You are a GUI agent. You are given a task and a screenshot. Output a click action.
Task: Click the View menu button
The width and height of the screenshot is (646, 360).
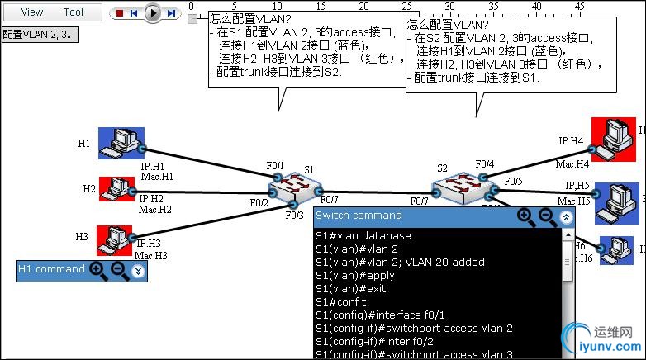tap(32, 12)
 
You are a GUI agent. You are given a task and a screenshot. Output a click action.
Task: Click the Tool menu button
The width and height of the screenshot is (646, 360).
tap(74, 12)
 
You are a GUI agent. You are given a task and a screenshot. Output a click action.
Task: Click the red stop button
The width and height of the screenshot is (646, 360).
tap(120, 13)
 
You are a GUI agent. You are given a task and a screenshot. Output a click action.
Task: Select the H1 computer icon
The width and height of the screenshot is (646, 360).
tap(121, 143)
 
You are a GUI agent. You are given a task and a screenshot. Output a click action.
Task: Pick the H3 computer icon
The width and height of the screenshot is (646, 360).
tap(114, 239)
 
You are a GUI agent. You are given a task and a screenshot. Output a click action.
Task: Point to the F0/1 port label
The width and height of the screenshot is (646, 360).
tap(273, 166)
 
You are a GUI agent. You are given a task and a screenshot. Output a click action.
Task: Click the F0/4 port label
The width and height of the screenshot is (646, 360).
tap(485, 164)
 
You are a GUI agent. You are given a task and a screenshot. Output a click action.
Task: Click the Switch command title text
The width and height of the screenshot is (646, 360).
tap(359, 216)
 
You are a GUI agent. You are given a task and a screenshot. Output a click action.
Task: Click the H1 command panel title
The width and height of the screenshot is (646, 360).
tap(51, 269)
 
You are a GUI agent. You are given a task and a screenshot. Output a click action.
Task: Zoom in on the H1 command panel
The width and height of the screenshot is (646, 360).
tap(97, 269)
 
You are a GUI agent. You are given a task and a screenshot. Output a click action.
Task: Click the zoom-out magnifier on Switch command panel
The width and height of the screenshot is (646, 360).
tap(546, 216)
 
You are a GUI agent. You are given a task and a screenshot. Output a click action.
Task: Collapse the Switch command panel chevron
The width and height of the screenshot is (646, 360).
tap(566, 217)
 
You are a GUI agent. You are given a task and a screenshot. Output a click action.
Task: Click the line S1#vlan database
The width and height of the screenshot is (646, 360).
tap(363, 236)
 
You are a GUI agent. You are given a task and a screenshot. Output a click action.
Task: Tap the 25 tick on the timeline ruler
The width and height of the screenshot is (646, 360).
tap(407, 7)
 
